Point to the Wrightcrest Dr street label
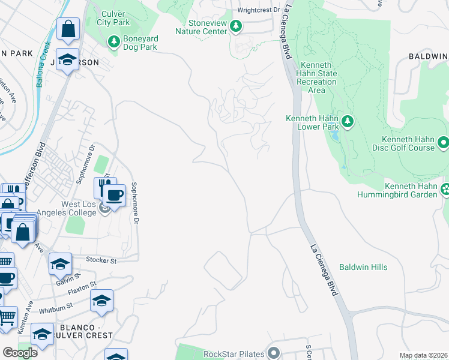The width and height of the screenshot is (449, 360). (259, 10)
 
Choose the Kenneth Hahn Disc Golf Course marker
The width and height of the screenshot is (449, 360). (443, 143)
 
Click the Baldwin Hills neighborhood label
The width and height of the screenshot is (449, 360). (363, 267)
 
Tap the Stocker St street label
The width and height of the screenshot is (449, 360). (101, 260)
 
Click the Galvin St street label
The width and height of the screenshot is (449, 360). (69, 278)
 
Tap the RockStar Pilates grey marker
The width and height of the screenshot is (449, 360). (275, 353)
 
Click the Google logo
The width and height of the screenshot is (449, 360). (20, 353)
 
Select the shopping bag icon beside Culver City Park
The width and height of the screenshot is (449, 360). (69, 29)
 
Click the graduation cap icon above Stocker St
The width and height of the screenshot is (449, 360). (60, 264)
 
